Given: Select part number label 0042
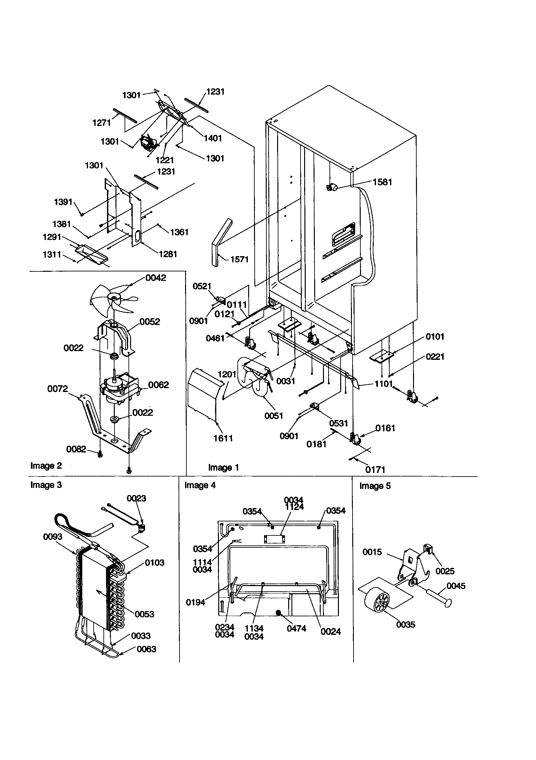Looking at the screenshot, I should [156, 278].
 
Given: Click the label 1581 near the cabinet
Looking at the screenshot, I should [382, 182].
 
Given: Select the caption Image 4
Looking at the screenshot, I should [200, 485].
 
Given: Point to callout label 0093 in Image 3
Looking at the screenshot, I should [52, 537].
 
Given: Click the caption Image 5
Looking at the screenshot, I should [375, 486].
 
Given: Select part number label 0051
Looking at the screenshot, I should [273, 416].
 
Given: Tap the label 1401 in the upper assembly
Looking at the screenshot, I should [212, 138].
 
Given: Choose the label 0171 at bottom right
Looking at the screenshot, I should [375, 469].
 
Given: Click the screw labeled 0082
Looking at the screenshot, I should [100, 456].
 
